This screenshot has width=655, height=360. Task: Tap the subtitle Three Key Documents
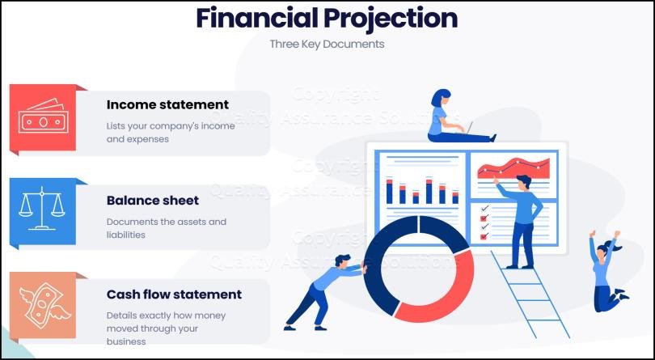(327, 44)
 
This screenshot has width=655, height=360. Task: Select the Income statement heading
(167, 104)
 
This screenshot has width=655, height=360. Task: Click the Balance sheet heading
(153, 200)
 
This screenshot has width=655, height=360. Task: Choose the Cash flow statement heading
(174, 294)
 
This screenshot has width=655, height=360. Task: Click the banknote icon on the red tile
(42, 119)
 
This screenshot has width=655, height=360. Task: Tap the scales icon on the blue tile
(42, 211)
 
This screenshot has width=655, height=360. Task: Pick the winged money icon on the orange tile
(43, 305)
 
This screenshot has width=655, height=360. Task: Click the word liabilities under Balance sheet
(125, 235)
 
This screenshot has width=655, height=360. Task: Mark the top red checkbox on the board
(484, 208)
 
